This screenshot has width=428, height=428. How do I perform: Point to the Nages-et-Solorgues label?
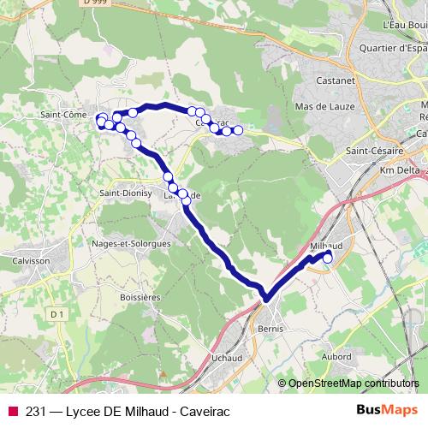point(130,243)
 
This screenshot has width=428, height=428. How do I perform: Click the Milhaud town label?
point(325,246)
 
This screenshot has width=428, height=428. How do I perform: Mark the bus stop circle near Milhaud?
point(327,257)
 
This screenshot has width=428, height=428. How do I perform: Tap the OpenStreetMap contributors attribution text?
point(354,383)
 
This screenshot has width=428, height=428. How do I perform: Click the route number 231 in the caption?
point(37,409)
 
